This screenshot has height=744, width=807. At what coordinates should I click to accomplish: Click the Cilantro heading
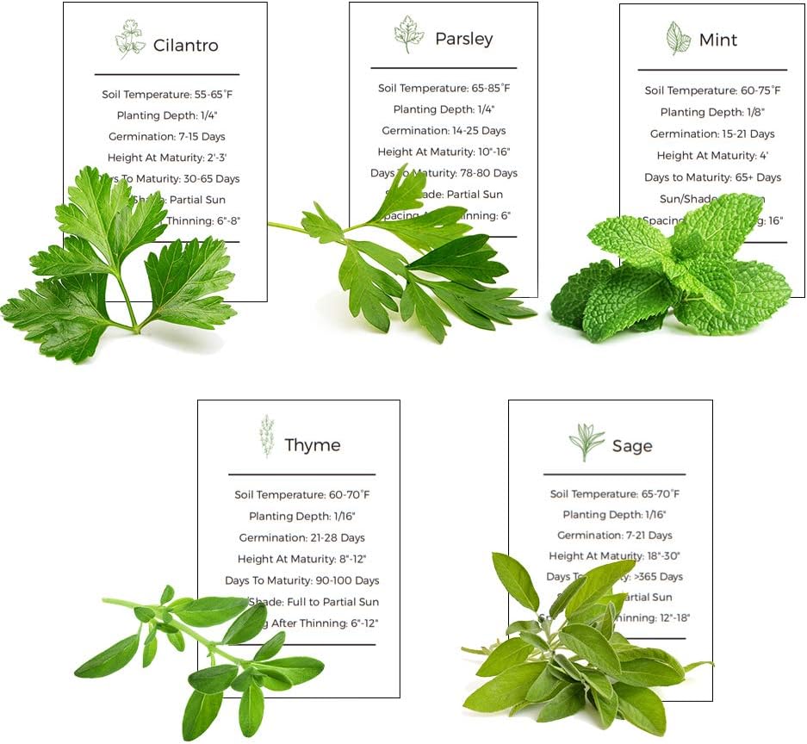[x=185, y=46]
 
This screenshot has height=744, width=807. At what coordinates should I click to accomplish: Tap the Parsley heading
[x=463, y=39]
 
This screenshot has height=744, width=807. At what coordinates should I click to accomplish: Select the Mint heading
[x=718, y=40]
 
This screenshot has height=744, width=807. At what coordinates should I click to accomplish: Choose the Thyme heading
[x=312, y=445]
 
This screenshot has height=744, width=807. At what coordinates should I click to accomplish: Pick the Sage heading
[x=632, y=446]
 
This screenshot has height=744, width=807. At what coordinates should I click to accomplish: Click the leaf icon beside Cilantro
[x=130, y=40]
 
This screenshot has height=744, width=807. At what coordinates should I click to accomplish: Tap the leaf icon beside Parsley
[x=408, y=34]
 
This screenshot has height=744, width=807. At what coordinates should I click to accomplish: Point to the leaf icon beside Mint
[x=678, y=38]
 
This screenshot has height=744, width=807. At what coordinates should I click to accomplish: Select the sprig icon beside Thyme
[x=268, y=436]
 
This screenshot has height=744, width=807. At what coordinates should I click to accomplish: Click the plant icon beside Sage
[x=587, y=442]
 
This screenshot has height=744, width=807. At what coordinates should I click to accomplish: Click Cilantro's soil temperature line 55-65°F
[x=166, y=94]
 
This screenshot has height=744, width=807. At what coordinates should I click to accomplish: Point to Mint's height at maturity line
[x=712, y=156]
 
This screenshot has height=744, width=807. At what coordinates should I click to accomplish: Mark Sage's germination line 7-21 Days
[x=614, y=536]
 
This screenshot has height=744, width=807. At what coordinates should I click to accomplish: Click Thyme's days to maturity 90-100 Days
[x=301, y=580]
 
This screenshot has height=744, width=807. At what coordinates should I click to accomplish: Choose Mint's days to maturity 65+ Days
[x=712, y=177]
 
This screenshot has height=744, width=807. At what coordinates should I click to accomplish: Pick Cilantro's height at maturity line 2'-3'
[x=166, y=158]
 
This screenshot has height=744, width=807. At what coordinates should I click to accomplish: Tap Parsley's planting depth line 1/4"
[x=444, y=109]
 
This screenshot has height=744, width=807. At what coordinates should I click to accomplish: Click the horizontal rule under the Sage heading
[x=614, y=474]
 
